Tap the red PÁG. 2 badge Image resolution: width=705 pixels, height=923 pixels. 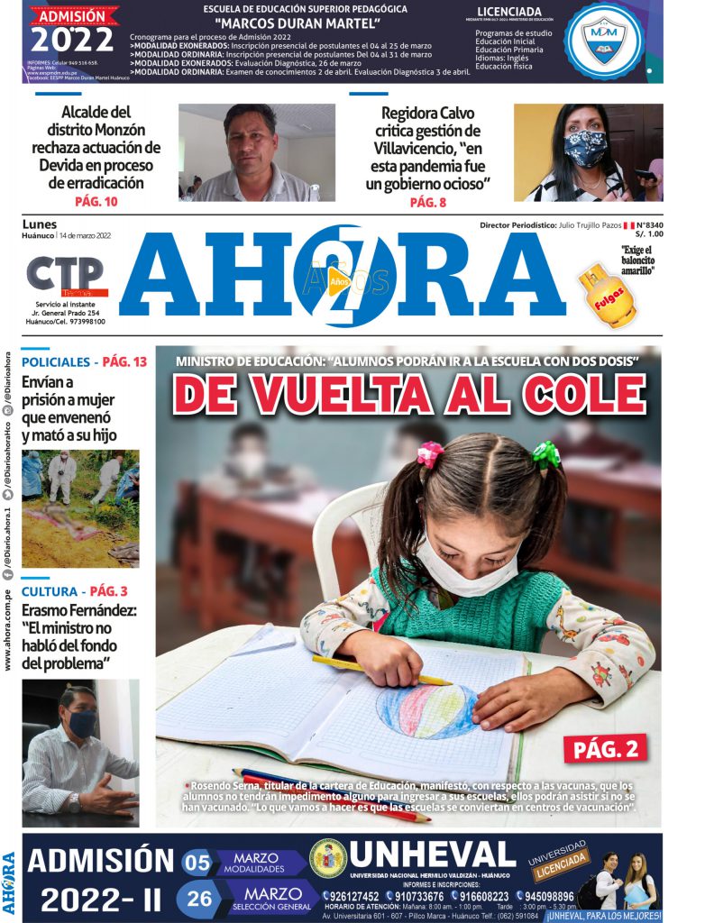click(606, 748)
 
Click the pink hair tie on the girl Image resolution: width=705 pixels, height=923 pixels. click(430, 454)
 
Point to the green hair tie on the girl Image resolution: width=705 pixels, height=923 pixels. click(545, 453)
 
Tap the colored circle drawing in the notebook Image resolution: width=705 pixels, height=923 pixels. click(426, 711)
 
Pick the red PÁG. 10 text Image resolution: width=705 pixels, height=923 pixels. click(96, 202)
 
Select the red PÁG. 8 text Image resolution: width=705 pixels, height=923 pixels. click(427, 203)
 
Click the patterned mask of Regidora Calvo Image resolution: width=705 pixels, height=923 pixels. click(585, 148)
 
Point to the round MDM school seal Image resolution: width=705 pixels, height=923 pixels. click(603, 40)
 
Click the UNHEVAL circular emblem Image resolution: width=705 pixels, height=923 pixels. click(327, 858)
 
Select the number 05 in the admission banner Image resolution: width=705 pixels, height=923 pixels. click(197, 863)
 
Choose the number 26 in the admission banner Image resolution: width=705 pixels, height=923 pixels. click(200, 898)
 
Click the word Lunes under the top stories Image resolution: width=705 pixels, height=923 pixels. click(39, 224)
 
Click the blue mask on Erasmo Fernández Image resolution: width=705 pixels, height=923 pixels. click(82, 722)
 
